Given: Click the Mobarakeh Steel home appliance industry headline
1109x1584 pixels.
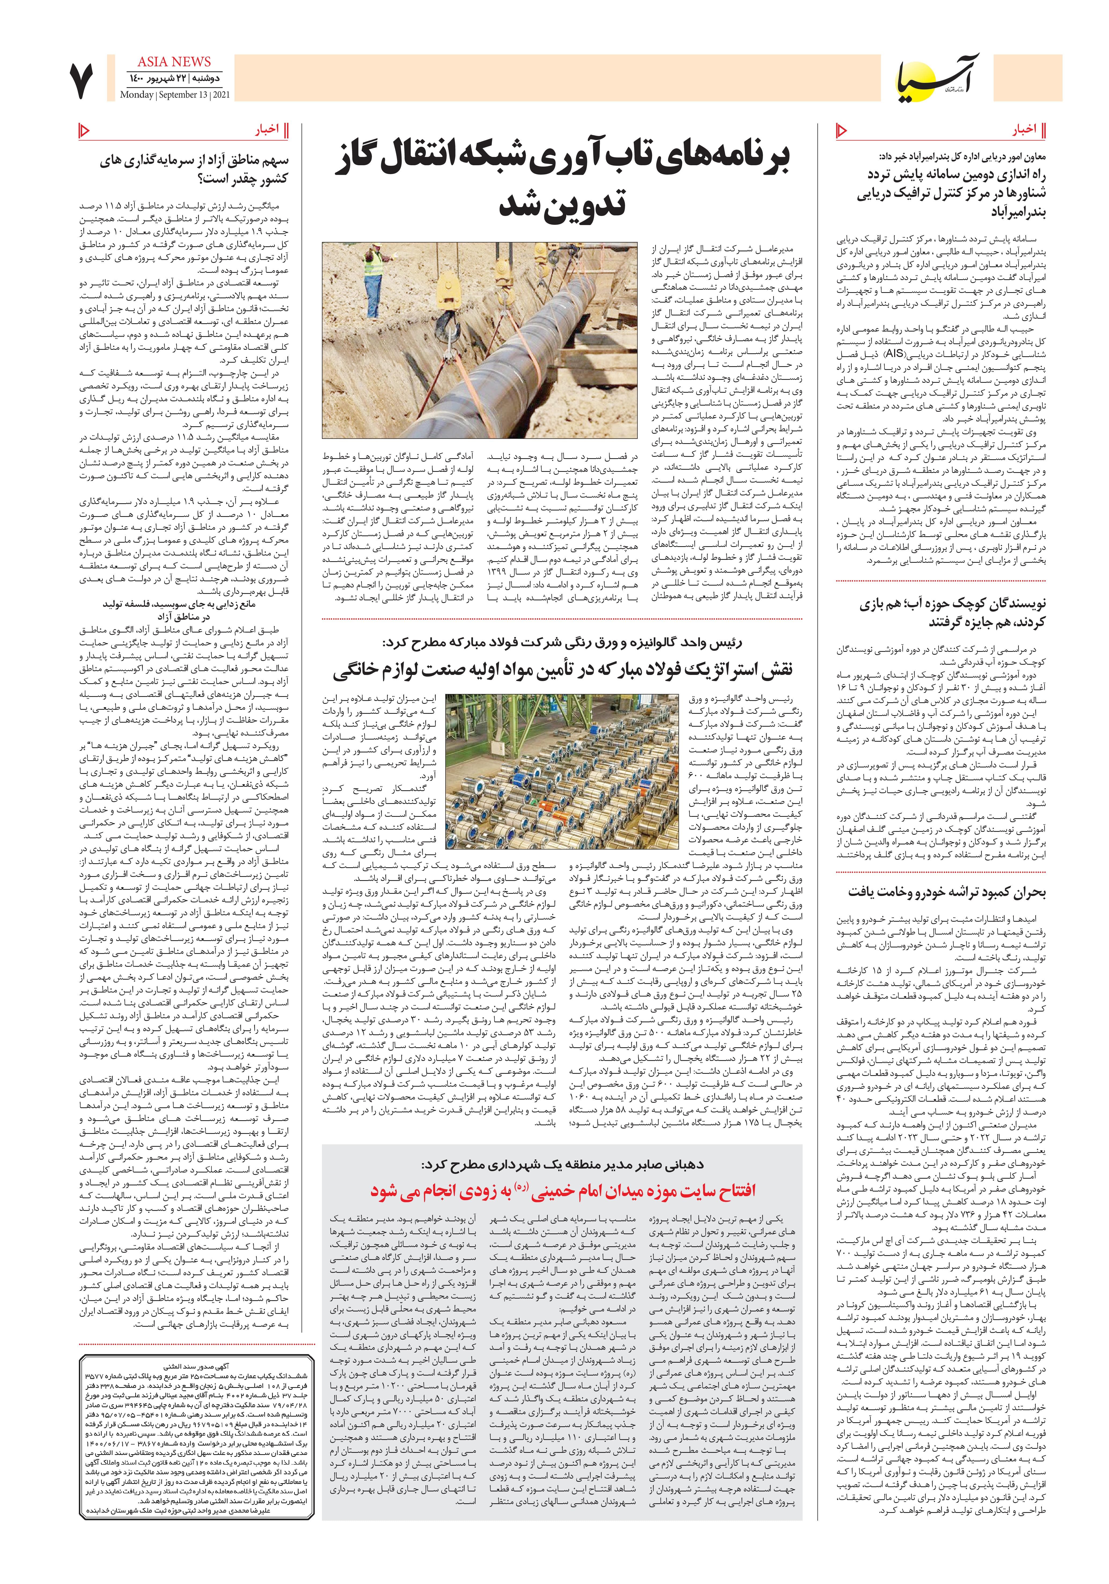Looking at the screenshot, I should (x=563, y=669).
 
